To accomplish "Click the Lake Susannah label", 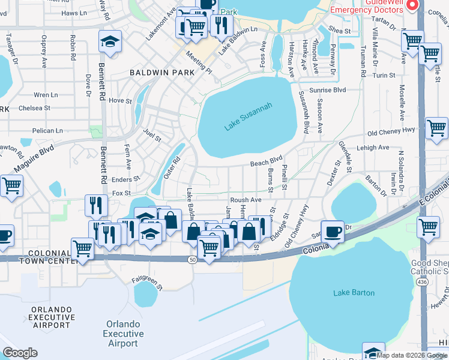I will [x=248, y=116].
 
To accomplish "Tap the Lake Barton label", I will [x=354, y=293].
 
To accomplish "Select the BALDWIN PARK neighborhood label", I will [x=162, y=73].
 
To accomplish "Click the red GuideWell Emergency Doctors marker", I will [x=412, y=5].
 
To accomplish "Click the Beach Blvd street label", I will [x=266, y=162].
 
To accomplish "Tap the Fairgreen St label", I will [x=147, y=280].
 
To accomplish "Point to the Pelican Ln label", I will [x=48, y=130].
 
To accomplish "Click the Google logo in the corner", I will [x=20, y=353].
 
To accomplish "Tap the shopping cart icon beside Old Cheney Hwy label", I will [x=436, y=128].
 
